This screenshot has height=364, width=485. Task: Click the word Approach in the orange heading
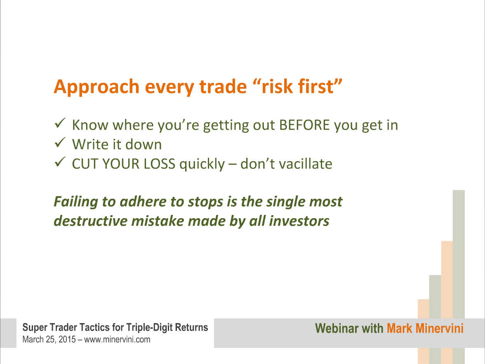(x=97, y=87)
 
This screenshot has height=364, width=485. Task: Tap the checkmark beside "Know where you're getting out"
(x=60, y=123)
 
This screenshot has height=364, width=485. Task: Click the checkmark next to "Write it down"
(x=60, y=143)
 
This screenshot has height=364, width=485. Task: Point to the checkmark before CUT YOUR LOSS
(x=60, y=162)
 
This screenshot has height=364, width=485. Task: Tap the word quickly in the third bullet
(x=202, y=164)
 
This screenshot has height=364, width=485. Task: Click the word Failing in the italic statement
(x=76, y=202)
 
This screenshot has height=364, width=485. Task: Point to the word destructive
(x=91, y=221)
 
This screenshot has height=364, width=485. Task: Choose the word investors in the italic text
(x=299, y=221)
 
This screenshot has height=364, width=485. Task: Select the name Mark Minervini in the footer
(x=425, y=328)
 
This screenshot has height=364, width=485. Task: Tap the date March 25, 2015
(x=49, y=340)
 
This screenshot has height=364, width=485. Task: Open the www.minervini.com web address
(x=117, y=340)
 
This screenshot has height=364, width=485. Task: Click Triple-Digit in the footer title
(x=150, y=328)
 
